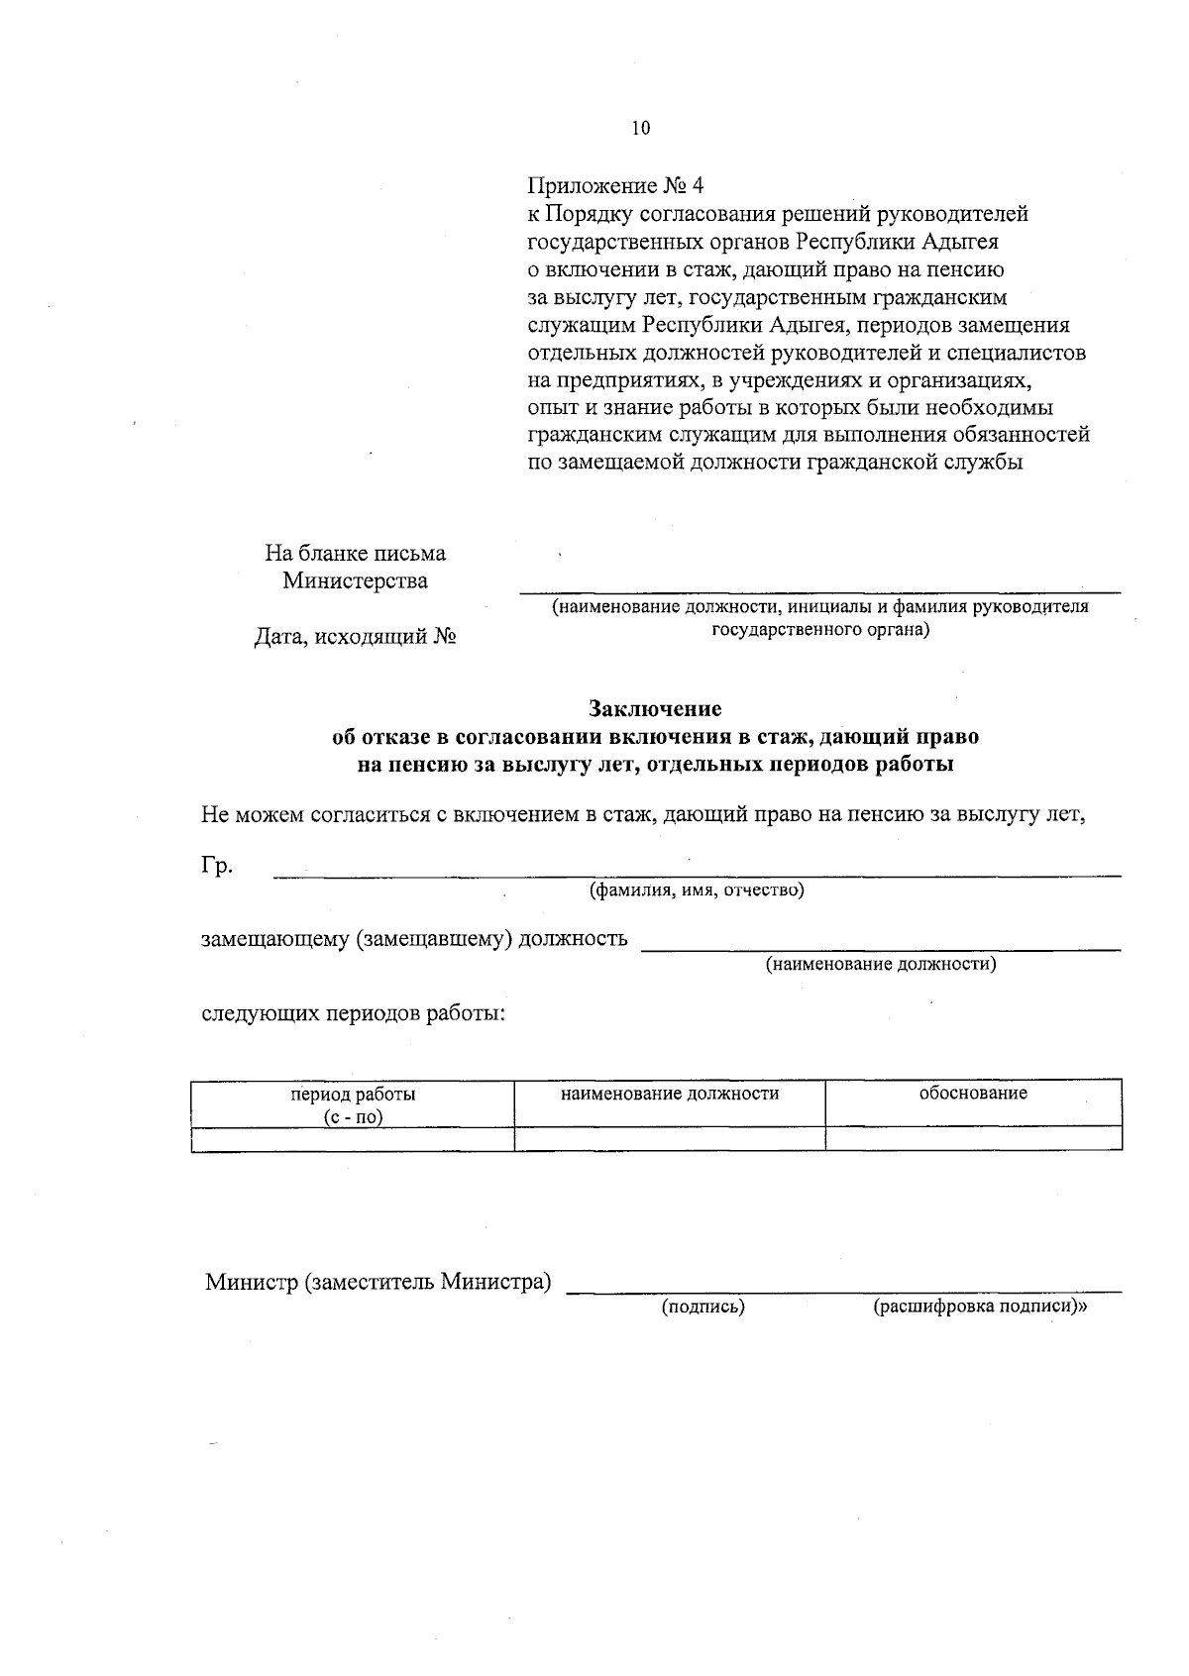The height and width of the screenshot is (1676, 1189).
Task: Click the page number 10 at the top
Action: pyautogui.click(x=640, y=128)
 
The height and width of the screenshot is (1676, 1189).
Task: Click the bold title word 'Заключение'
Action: pyautogui.click(x=655, y=709)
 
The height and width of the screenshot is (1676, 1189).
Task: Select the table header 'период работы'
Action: pyautogui.click(x=353, y=1095)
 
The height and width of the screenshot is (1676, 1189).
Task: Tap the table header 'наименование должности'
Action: pyautogui.click(x=670, y=1094)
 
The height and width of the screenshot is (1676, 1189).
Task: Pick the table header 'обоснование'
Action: pyautogui.click(x=973, y=1093)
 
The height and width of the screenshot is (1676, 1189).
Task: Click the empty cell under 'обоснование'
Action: pyautogui.click(x=973, y=1138)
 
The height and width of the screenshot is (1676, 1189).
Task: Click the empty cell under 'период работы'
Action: pyautogui.click(x=353, y=1138)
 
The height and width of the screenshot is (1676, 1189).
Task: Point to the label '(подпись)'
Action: pyautogui.click(x=703, y=1308)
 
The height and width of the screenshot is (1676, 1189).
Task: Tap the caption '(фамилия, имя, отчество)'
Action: pyautogui.click(x=697, y=890)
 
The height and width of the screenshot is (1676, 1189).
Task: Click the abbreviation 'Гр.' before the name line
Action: pyautogui.click(x=217, y=867)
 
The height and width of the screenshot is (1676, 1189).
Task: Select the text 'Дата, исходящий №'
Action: pyautogui.click(x=355, y=637)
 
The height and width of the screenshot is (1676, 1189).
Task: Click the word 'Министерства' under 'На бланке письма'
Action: pyautogui.click(x=355, y=580)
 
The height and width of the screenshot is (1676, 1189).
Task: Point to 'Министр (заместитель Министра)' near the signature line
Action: pyautogui.click(x=378, y=1282)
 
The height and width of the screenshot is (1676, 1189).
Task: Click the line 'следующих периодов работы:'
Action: pyautogui.click(x=355, y=1014)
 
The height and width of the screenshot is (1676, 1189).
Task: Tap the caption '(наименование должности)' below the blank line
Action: pyautogui.click(x=881, y=963)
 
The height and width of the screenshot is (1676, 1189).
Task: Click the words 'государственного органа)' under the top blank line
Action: pyautogui.click(x=821, y=630)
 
